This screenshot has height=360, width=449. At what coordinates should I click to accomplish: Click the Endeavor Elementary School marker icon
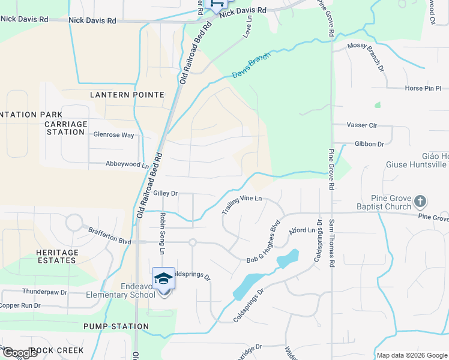(x=163, y=278)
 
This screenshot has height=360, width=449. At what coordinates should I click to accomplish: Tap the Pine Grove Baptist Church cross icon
(x=421, y=201)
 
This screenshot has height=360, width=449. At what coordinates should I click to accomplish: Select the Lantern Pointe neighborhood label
(x=127, y=95)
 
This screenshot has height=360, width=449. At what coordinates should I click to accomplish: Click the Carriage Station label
(x=65, y=128)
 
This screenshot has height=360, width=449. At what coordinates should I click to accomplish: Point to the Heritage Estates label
(x=57, y=257)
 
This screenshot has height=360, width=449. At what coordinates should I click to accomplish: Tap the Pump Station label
(x=116, y=327)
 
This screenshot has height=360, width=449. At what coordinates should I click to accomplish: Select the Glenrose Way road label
(x=113, y=135)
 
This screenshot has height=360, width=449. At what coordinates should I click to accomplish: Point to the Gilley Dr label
(x=166, y=193)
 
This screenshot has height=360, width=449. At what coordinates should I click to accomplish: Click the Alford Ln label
(x=302, y=230)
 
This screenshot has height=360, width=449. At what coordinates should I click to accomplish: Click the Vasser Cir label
(x=361, y=125)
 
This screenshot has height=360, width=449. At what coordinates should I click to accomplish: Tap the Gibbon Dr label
(x=369, y=144)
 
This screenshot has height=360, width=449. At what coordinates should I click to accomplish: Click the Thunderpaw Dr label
(x=44, y=292)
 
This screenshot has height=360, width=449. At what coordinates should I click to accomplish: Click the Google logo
(x=20, y=353)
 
